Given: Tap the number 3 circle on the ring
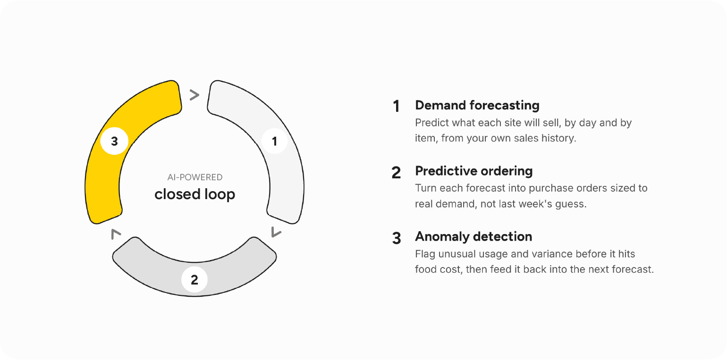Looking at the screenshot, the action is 114,141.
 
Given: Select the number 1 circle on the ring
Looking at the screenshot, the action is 275,141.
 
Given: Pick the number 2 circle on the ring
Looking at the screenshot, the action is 194,280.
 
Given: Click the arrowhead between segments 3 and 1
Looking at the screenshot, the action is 194,95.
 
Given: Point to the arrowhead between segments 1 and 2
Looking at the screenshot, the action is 276,232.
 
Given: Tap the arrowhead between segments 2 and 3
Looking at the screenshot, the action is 116,234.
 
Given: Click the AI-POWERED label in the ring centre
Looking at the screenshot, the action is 194,177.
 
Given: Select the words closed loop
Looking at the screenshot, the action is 194,194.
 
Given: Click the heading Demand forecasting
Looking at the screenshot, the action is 477,105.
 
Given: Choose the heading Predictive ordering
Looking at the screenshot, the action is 474,171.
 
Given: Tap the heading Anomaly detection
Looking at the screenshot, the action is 473,236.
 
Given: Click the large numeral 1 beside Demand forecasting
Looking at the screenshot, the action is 396,106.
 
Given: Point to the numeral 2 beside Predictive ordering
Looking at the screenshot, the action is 396,173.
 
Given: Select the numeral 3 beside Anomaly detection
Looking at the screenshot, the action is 396,238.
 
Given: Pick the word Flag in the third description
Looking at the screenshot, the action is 425,254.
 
